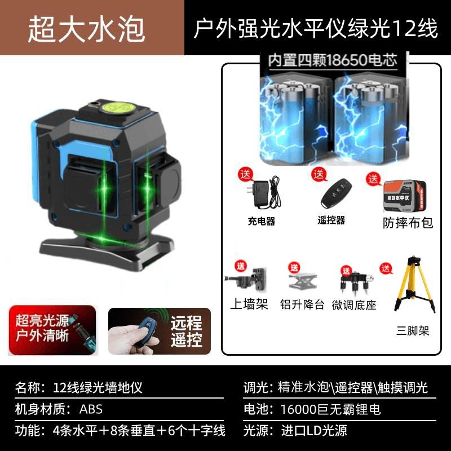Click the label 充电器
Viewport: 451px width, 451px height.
(x=261, y=222)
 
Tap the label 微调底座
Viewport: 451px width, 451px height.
(x=354, y=305)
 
